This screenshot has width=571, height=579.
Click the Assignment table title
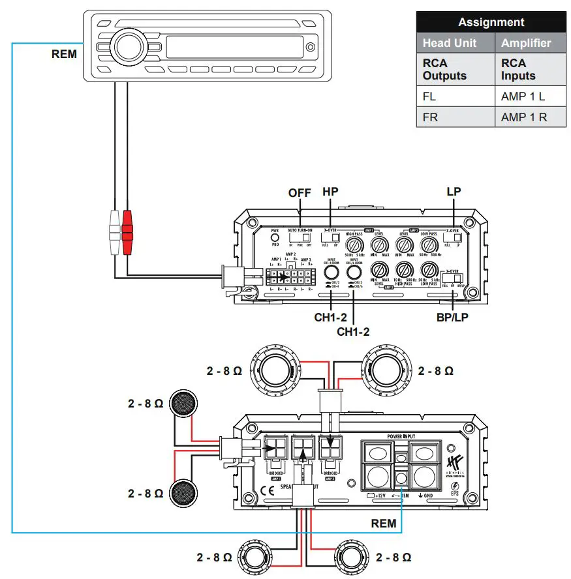(x=491, y=22)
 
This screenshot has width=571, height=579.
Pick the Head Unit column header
(x=450, y=44)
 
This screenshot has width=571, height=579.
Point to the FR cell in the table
(x=431, y=118)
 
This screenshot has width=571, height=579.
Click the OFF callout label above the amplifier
(x=300, y=193)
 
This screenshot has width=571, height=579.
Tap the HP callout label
(x=331, y=193)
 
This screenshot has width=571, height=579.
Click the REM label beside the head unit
(x=64, y=55)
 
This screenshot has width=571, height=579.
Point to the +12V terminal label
(x=378, y=496)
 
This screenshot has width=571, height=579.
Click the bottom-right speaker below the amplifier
(x=352, y=559)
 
